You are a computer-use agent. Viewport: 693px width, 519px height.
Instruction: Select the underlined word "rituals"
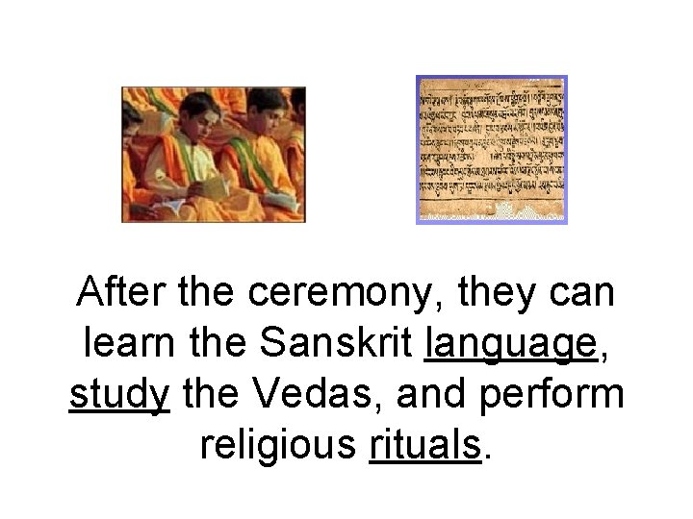pos(423,444)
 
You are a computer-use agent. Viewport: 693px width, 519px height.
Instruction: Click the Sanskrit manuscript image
pos(491,149)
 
